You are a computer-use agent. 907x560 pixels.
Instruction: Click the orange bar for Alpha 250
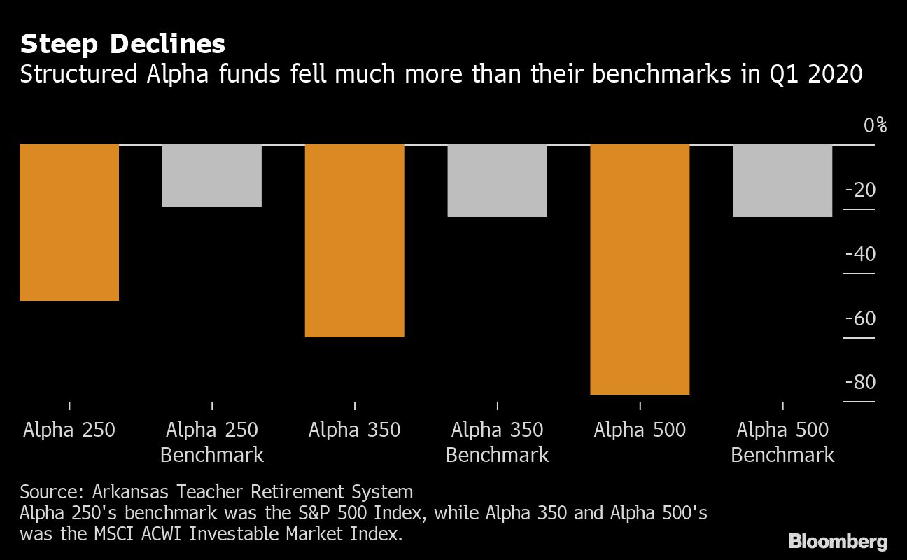click(x=69, y=223)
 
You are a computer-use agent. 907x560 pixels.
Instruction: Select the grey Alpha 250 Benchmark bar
click(x=212, y=176)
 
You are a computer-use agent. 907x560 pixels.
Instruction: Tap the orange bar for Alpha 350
click(x=355, y=241)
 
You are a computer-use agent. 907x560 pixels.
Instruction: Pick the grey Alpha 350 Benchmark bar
click(x=497, y=181)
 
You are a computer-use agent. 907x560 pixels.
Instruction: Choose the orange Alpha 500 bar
click(x=640, y=269)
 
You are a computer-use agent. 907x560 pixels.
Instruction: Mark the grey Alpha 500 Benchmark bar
click(x=782, y=181)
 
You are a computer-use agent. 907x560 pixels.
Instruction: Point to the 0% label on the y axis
click(x=875, y=126)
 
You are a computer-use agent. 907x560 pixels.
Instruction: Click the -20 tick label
click(x=860, y=190)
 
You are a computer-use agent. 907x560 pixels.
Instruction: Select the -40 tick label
click(x=860, y=254)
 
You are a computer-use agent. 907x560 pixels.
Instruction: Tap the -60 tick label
click(x=860, y=318)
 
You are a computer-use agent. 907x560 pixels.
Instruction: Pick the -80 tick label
click(x=860, y=383)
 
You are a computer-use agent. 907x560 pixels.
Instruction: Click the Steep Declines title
click(x=122, y=45)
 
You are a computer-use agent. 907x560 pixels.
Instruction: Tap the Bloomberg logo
click(x=838, y=541)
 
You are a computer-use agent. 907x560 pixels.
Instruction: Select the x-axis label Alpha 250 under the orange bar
click(x=69, y=429)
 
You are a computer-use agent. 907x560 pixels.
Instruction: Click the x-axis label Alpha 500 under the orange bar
click(x=640, y=429)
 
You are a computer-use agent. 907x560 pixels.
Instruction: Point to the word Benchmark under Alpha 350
click(x=497, y=455)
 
